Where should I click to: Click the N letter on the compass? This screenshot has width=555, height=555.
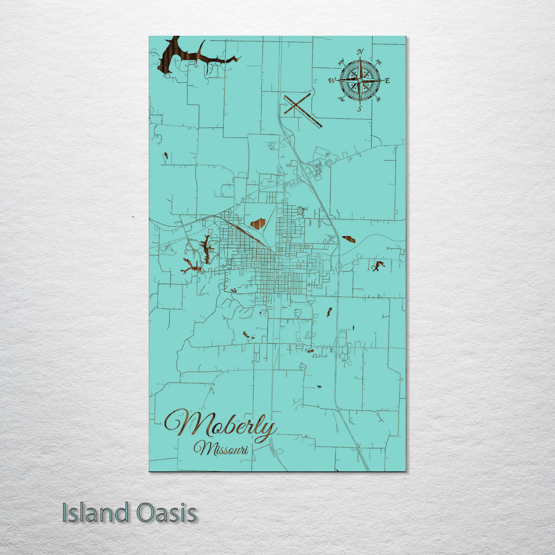(x=360, y=51)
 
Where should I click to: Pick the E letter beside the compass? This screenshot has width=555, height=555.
(x=387, y=81)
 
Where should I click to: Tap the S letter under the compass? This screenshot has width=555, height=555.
(x=360, y=108)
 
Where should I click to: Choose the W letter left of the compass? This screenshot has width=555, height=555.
(x=332, y=81)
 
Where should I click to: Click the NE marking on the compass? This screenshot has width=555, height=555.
(x=380, y=62)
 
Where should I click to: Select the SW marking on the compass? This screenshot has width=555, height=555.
(x=341, y=99)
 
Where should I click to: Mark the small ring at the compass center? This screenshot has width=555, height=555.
(x=360, y=80)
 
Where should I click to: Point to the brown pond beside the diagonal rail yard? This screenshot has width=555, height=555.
(x=258, y=223)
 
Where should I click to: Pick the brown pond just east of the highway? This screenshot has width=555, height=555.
(x=349, y=239)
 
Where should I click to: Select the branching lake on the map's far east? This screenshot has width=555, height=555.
(x=378, y=266)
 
